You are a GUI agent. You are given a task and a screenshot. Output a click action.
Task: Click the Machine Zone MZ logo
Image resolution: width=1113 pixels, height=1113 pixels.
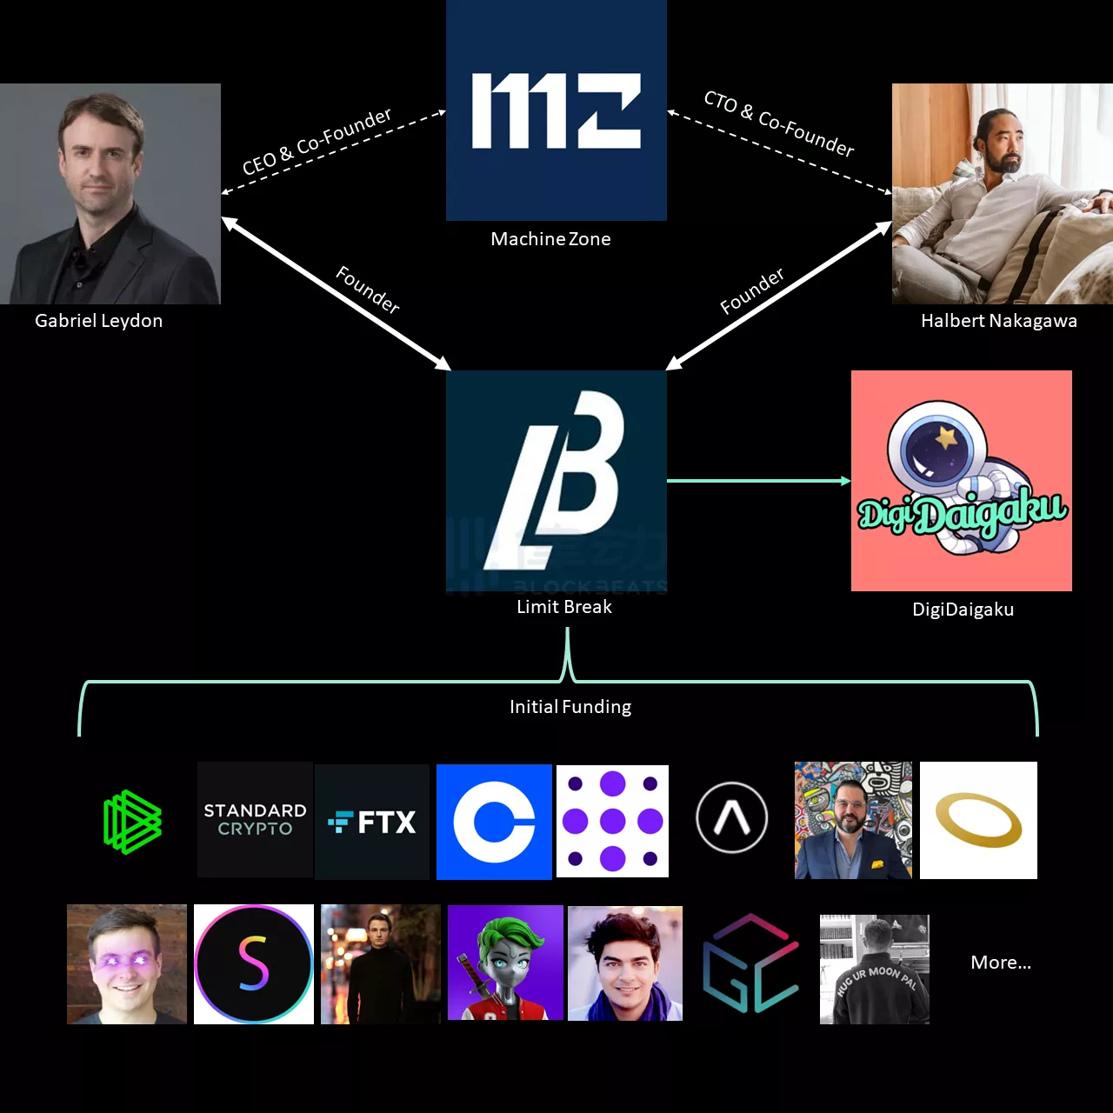[x=556, y=110]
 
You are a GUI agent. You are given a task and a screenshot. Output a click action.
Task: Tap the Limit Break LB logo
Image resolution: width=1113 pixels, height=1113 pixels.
[x=556, y=481]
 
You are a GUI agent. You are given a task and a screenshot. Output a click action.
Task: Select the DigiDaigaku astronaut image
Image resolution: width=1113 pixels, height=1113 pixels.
[x=961, y=481]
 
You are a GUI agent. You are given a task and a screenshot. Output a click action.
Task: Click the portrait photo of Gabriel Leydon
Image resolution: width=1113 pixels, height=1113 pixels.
[x=110, y=194]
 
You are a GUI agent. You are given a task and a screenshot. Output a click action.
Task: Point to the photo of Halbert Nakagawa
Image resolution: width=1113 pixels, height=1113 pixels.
[x=1003, y=194]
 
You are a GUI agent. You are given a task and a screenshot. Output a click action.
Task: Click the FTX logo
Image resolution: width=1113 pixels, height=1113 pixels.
[x=372, y=822]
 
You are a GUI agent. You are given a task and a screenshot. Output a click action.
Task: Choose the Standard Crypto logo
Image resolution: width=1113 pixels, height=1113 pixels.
[x=255, y=820]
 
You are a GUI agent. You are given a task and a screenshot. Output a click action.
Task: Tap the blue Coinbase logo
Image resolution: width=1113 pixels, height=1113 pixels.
[x=494, y=822]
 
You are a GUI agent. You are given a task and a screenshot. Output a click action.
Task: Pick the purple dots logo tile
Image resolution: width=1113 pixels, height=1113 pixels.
[x=612, y=821]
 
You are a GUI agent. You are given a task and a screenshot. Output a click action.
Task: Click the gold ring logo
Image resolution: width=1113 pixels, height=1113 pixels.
[x=978, y=820]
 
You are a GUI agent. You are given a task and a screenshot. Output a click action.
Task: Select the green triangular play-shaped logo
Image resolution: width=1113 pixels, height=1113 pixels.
[x=132, y=822]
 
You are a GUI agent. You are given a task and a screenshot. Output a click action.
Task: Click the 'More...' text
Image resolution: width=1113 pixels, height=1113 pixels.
[x=1001, y=963]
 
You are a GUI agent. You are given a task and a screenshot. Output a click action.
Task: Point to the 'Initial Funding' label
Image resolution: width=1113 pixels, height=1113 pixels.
[x=570, y=707]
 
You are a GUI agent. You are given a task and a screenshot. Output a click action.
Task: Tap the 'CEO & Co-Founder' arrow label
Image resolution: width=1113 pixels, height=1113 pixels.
[x=317, y=142]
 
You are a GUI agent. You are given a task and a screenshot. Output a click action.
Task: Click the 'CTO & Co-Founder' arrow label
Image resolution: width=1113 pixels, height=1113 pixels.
[x=779, y=123]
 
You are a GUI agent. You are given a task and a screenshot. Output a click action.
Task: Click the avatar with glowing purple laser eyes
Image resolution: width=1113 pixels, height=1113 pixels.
[x=127, y=964]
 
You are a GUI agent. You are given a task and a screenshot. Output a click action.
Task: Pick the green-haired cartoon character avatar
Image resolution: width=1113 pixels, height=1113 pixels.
[x=505, y=963]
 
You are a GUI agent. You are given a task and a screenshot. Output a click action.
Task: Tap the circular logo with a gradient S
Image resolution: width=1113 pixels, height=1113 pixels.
[x=254, y=964]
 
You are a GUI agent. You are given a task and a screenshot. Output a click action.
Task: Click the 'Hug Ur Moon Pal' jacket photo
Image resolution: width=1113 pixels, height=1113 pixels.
[x=875, y=969]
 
